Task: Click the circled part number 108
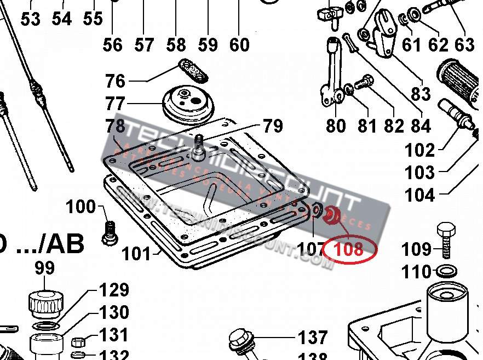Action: (349, 249)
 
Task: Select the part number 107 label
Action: (311, 250)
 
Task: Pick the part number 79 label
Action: (272, 126)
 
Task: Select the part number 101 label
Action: (136, 254)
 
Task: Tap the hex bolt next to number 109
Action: (445, 239)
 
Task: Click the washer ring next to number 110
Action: (445, 270)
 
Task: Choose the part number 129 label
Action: (114, 290)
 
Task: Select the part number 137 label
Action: (313, 337)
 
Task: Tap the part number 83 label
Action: (421, 93)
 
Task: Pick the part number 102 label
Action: (419, 150)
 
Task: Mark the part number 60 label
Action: (239, 44)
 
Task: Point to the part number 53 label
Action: (31, 19)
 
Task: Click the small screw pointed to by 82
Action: (363, 84)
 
